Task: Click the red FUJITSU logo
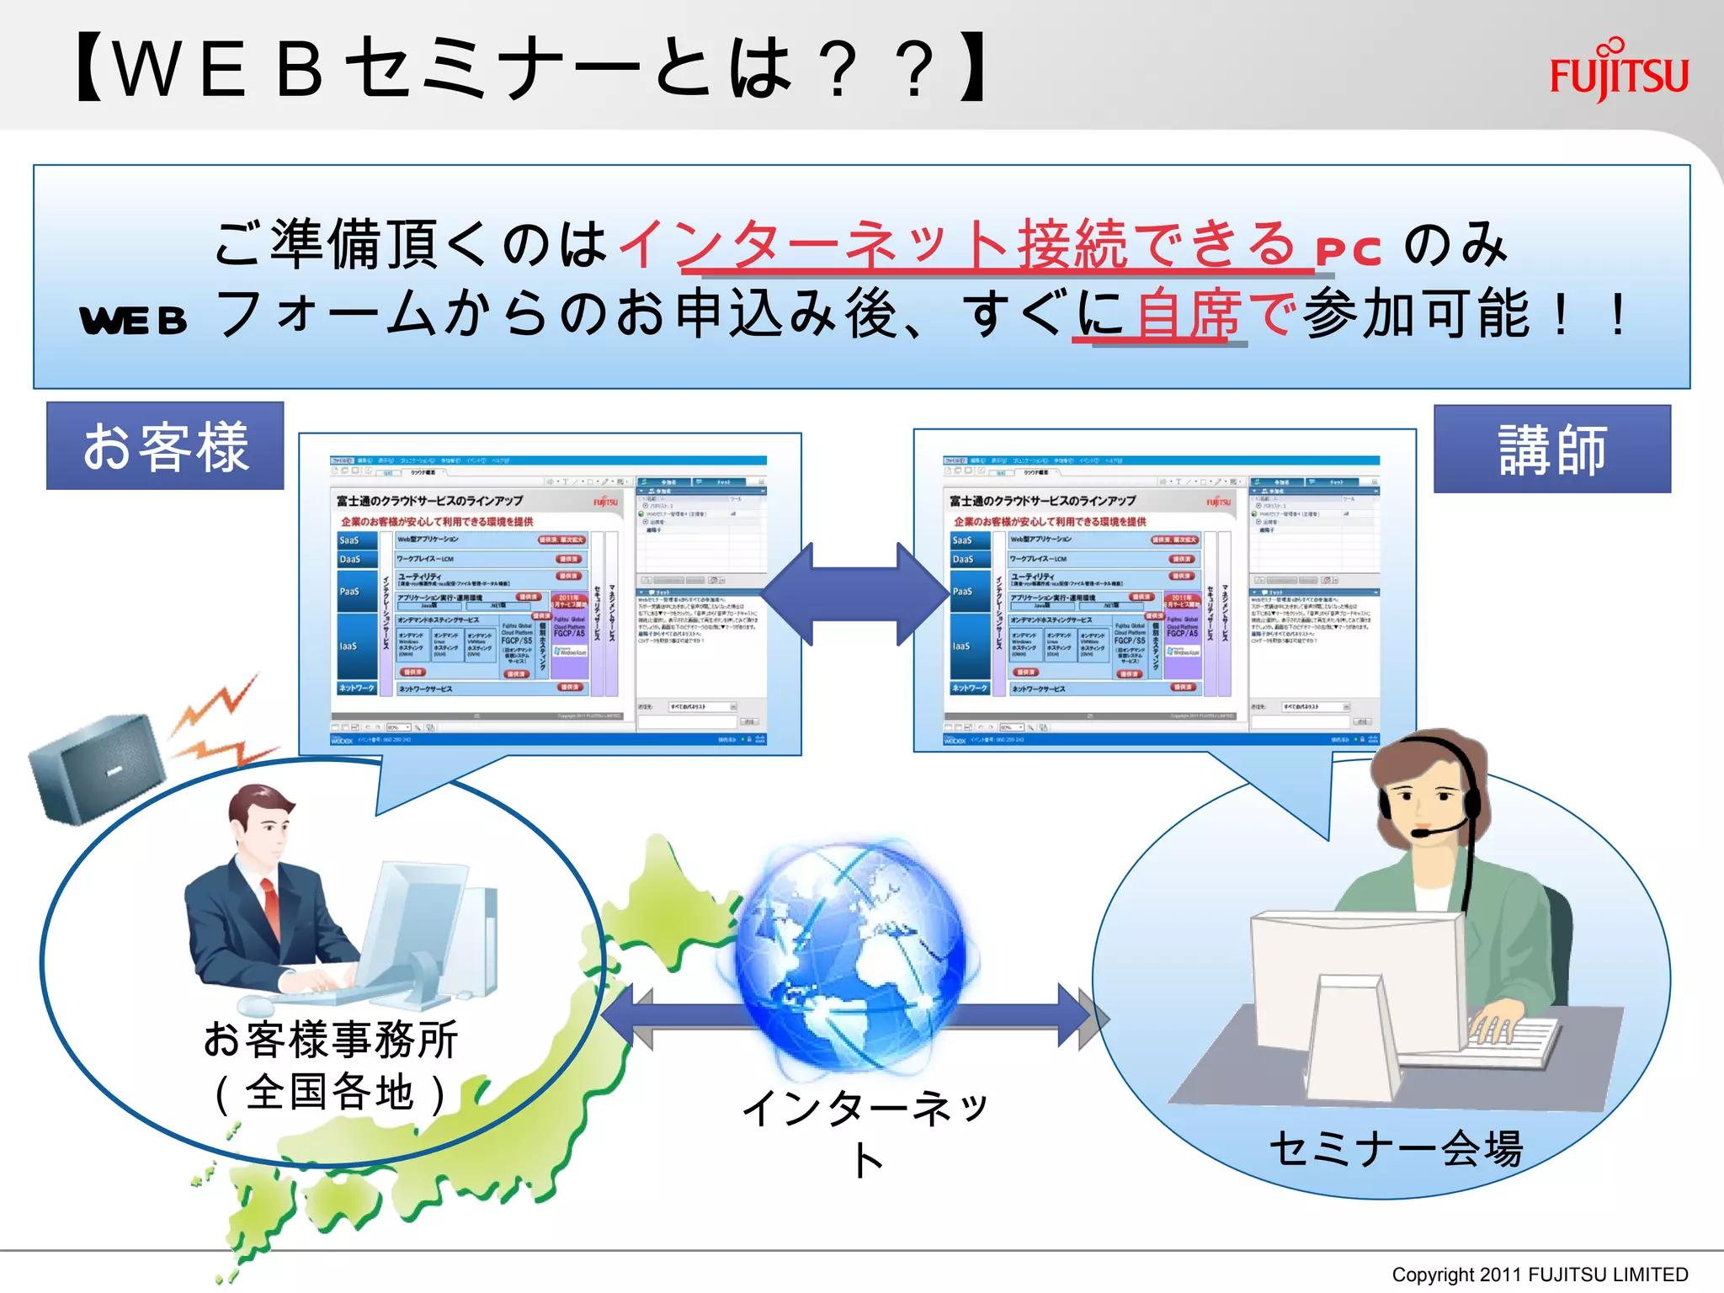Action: [x=1619, y=72]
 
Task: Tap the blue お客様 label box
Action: [x=165, y=446]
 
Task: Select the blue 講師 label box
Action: [x=1551, y=450]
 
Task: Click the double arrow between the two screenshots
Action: [x=856, y=594]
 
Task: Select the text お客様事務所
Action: [x=331, y=1039]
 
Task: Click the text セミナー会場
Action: [x=1396, y=1148]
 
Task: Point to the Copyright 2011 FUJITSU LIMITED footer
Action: [x=1540, y=1274]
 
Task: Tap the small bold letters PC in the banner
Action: [x=1349, y=252]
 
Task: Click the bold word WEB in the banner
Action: [x=133, y=320]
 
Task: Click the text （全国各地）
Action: [x=331, y=1093]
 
